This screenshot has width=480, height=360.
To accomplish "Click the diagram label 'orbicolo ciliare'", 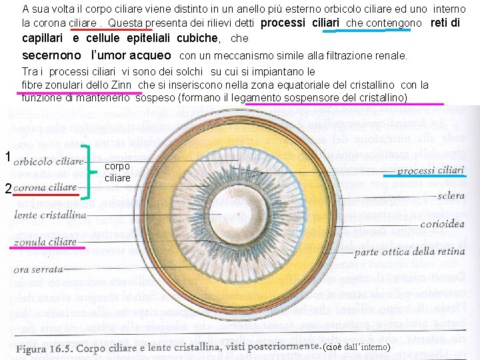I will pyautogui.click(x=49, y=162).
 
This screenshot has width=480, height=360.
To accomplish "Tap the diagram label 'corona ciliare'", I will pyautogui.click(x=45, y=188).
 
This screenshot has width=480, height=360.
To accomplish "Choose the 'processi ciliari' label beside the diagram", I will pyautogui.click(x=430, y=170).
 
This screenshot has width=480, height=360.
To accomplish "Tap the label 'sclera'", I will pyautogui.click(x=451, y=197).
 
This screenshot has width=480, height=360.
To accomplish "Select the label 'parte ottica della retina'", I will pyautogui.click(x=409, y=252).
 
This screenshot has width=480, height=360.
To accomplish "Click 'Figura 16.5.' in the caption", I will pyautogui.click(x=44, y=349).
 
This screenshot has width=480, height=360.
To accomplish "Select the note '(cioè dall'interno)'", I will pyautogui.click(x=356, y=348).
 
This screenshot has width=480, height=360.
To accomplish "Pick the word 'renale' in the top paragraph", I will pyautogui.click(x=389, y=56).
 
